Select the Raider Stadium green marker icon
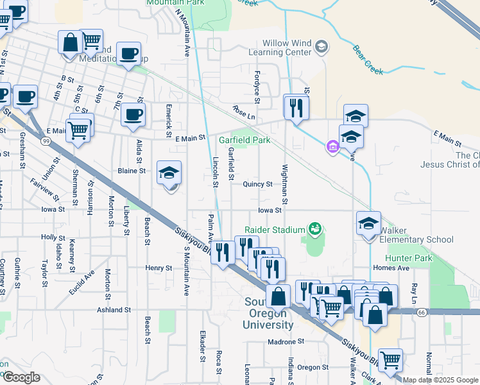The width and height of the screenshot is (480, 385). point(314,228)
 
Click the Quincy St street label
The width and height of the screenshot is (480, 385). point(258,184)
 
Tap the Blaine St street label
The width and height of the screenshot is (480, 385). point(133,171)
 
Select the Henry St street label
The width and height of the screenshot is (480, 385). point(159,268)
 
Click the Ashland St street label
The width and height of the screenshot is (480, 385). point(114,309)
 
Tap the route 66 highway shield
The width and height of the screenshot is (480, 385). point(421,312)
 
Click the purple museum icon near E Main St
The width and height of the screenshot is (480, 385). point(332,148)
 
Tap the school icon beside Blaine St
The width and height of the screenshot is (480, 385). point(169,173)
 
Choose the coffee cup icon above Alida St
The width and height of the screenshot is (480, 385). point(133,116)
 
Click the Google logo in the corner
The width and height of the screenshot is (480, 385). point(21,377)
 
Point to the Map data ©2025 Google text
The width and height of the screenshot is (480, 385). point(440,380)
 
